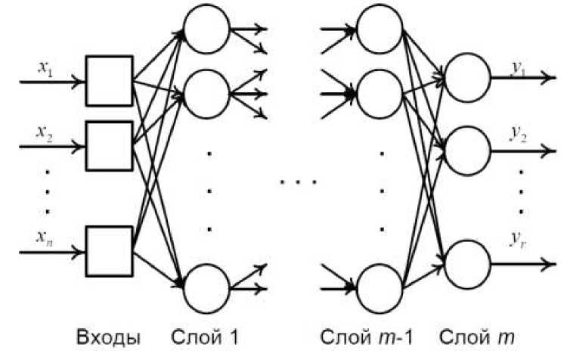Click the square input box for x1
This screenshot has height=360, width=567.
coord(109,80)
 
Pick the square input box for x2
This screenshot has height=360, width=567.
coord(109,145)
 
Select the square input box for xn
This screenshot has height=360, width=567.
coord(109,250)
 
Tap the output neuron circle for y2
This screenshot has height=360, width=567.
coord(467,151)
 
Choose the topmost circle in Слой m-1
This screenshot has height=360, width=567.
coord(380,31)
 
